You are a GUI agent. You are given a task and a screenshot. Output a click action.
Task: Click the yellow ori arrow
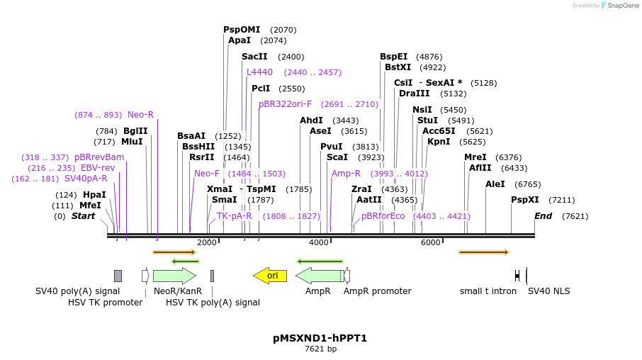270,275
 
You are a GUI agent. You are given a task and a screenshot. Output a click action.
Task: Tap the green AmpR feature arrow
318,276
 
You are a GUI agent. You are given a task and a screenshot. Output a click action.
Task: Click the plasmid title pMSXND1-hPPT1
320,338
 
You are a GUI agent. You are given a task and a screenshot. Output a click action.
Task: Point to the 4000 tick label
319,243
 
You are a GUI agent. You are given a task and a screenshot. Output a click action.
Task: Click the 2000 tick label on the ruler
207,243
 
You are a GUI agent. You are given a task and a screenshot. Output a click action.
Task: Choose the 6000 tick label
431,243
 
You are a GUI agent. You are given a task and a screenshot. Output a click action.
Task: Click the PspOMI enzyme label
242,30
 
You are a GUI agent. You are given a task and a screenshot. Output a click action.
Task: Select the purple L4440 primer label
259,72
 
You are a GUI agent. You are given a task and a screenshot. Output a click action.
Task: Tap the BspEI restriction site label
394,57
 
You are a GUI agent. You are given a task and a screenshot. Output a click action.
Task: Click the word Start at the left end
83,216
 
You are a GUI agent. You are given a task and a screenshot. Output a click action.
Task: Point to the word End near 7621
544,216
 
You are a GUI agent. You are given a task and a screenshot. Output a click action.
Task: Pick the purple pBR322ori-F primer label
285,104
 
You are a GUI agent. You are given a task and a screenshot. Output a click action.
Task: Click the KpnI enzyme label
439,142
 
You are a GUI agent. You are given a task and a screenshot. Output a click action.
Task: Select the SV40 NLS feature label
548,291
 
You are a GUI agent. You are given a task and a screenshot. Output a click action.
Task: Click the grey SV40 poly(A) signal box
118,276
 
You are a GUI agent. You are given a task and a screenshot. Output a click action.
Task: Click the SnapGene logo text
623,6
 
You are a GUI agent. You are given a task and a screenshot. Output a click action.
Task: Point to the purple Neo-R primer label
140,115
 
